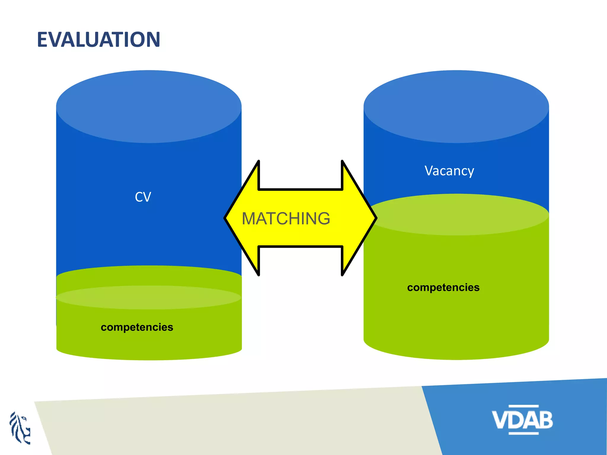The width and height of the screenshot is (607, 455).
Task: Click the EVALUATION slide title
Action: coord(98,40)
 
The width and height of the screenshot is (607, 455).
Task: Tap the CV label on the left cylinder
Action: coord(143,197)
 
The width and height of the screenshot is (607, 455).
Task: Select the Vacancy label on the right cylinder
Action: coord(449,171)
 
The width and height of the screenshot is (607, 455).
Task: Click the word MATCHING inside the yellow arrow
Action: coord(286,219)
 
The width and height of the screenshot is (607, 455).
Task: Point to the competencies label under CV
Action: coord(137,327)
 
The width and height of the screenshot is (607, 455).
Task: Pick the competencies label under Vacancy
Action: coord(443,287)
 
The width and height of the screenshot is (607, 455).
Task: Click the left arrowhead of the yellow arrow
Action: coord(242,218)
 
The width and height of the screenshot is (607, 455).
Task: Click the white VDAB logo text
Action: coord(522,419)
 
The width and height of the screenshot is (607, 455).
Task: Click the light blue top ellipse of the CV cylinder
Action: coord(149,107)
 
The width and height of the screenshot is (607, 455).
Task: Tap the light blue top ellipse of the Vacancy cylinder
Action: coord(456,107)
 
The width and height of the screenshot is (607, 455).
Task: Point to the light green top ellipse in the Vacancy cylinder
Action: coord(458,214)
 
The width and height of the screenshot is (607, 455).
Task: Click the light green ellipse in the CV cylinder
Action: coord(148,297)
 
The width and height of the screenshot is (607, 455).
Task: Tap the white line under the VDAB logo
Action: coord(523,433)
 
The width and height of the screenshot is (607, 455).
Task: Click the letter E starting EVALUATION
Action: coord(43,40)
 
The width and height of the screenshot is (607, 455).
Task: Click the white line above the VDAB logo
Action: coord(523,406)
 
